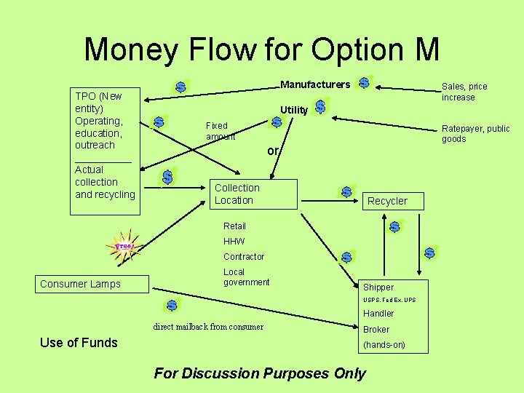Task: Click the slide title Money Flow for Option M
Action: [x=262, y=49]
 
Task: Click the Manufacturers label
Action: [x=314, y=84]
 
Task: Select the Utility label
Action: [x=294, y=110]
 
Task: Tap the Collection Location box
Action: [x=255, y=194]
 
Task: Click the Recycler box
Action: [x=387, y=201]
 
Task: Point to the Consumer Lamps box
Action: [x=92, y=284]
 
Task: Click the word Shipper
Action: [x=378, y=287]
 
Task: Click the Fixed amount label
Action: [x=220, y=131]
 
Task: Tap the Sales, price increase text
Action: [x=464, y=92]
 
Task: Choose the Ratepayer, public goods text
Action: [x=476, y=134]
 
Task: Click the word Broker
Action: [x=376, y=330]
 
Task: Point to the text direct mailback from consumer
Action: [x=208, y=327]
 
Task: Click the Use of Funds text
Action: [x=79, y=343]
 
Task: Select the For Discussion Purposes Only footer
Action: [x=260, y=373]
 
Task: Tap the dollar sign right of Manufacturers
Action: [x=364, y=84]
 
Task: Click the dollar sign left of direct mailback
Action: [x=172, y=306]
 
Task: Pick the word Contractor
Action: [x=244, y=257]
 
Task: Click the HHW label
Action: [x=234, y=242]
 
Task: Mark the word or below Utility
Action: [x=273, y=151]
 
